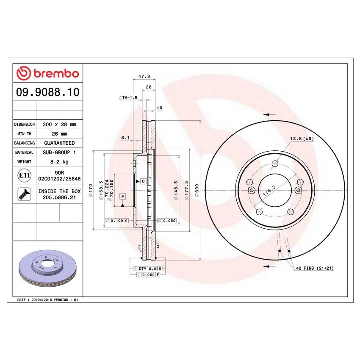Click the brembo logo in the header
(x=47, y=73)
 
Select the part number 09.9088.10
(x=47, y=92)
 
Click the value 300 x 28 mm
(x=59, y=125)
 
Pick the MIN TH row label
(x=24, y=134)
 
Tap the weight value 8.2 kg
(x=59, y=162)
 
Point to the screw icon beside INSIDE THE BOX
(x=24, y=194)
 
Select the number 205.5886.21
(x=59, y=197)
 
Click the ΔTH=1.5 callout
(x=128, y=97)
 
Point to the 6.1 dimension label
(x=125, y=138)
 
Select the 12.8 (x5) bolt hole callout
(x=302, y=138)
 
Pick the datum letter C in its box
(x=143, y=181)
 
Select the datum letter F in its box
(x=122, y=197)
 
